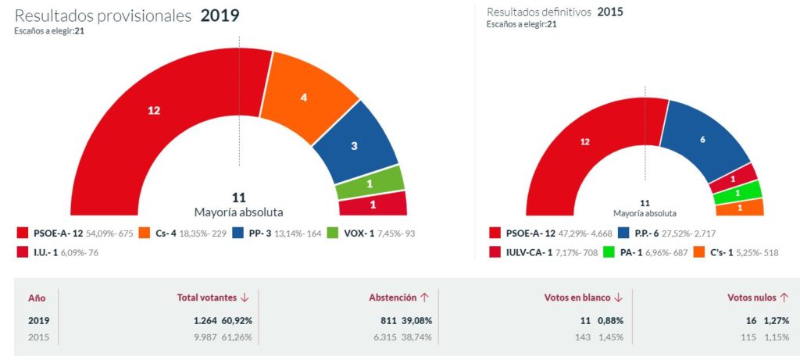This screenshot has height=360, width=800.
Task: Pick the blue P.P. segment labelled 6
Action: point(702,139)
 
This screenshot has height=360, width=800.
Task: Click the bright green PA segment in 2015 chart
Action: point(737,192)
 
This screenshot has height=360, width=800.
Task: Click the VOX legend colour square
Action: point(331,233)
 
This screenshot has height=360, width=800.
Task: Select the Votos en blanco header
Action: point(577,298)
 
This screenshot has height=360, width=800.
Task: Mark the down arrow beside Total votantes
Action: point(245,298)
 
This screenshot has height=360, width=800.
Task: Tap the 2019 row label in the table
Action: point(38,320)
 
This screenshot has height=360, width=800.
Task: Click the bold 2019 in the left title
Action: point(220,16)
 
